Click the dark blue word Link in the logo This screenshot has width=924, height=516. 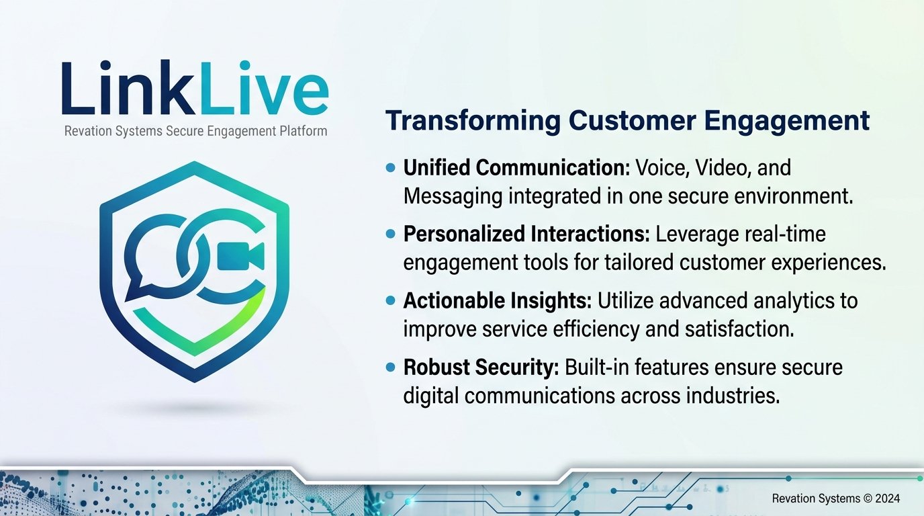(128, 87)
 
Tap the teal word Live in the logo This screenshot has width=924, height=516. (265, 87)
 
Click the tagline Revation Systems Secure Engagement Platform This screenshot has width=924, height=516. (195, 131)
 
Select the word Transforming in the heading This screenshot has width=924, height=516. (473, 122)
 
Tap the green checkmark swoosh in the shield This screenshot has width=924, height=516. (199, 326)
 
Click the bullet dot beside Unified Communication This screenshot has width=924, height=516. (390, 167)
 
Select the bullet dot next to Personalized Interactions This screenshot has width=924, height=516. (390, 234)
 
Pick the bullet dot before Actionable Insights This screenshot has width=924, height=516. (390, 300)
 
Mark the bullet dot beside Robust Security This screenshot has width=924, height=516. (390, 367)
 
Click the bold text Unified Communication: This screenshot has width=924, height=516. (516, 167)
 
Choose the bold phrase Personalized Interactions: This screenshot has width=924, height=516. (526, 234)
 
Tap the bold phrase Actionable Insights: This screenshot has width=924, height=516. (498, 300)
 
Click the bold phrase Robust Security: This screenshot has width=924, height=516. (481, 367)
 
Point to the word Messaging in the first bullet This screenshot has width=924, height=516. (453, 197)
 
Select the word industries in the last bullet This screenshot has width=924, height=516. (733, 396)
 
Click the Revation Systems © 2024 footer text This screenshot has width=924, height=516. (836, 499)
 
